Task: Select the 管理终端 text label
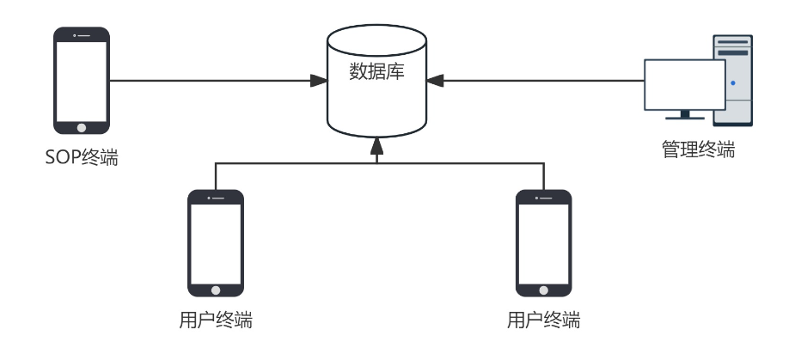[x=698, y=149]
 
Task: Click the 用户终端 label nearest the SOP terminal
[x=216, y=321]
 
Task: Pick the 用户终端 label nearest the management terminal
[x=543, y=321]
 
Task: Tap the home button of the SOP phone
[x=82, y=128]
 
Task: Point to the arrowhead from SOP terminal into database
[x=319, y=81]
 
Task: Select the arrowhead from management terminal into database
[x=435, y=81]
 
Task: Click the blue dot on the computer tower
[x=733, y=83]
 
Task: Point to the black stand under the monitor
[x=685, y=115]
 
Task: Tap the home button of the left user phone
[x=216, y=290]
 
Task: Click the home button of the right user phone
[x=543, y=290]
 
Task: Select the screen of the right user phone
[x=543, y=242]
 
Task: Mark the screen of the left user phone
[x=216, y=242]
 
